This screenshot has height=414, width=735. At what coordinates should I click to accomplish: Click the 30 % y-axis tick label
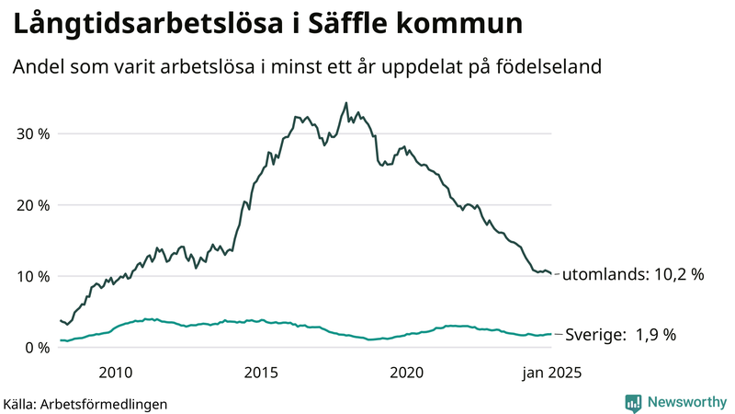point(31,133)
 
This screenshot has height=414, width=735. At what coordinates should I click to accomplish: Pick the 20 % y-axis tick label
point(31,204)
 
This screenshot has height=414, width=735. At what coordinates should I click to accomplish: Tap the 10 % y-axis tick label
point(31,276)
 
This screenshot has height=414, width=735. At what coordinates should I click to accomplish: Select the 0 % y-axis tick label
point(36,347)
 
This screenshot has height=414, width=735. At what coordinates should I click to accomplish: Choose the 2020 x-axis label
point(406,373)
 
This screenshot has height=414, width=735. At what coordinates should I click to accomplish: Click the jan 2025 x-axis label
point(552,373)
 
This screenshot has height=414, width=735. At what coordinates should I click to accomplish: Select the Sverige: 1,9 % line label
point(620,335)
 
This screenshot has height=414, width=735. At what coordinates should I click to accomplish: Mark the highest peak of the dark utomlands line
point(345,103)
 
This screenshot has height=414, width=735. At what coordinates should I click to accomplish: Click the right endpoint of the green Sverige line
point(551,334)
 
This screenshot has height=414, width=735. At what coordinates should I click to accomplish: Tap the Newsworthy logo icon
point(633,402)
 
